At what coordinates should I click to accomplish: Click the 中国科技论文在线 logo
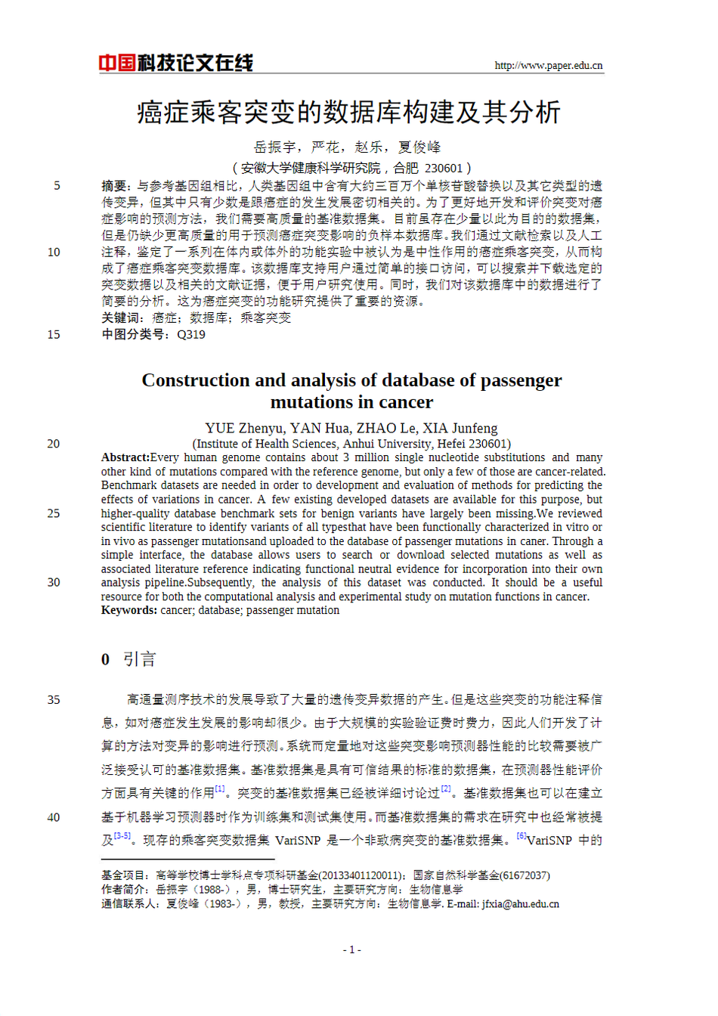tap(175, 63)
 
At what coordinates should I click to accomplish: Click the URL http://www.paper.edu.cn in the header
tap(548, 66)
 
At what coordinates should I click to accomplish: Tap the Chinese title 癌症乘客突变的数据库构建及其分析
tap(348, 113)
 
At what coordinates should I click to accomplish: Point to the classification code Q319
tap(191, 334)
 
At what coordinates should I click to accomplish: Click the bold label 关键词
tap(120, 317)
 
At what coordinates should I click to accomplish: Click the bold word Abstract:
tap(125, 457)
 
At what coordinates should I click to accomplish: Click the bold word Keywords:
tap(129, 610)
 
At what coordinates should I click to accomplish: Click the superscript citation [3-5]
tap(122, 836)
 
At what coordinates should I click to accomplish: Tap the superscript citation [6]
tap(521, 835)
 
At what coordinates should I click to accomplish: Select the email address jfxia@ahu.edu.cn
tap(521, 904)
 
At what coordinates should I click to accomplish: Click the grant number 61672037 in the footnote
tap(525, 875)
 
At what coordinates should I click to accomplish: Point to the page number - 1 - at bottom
tap(352, 949)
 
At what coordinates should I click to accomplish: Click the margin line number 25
tap(54, 513)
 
